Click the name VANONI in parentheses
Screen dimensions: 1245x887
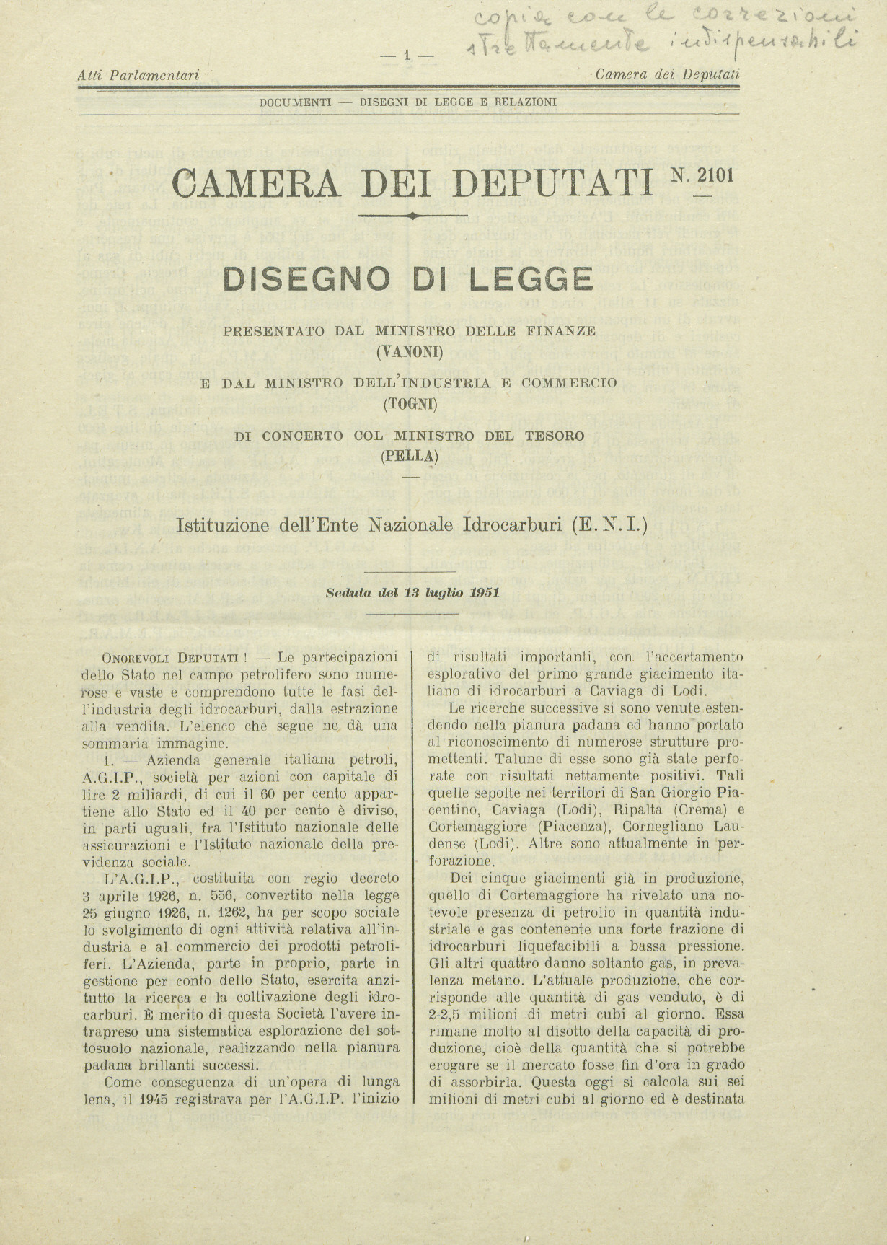click(x=410, y=353)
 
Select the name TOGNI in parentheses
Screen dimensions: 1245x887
click(x=409, y=404)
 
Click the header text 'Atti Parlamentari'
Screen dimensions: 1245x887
click(x=138, y=74)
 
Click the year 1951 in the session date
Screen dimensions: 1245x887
click(x=485, y=592)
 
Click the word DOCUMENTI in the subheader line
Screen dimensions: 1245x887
click(x=296, y=102)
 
